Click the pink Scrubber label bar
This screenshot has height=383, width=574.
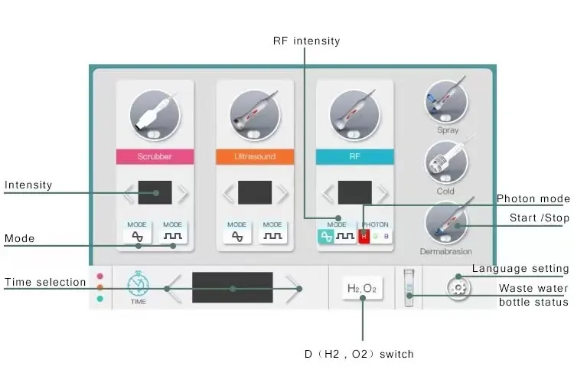coord(154,156)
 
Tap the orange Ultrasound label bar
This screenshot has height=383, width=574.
coord(255,156)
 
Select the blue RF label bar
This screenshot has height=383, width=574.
coord(354,156)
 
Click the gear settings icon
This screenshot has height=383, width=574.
coord(459,288)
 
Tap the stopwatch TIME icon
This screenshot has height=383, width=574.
coord(138,286)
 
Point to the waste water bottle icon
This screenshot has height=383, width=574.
coord(409,288)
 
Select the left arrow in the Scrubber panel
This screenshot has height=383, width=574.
coord(129,193)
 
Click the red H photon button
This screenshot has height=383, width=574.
coord(364,237)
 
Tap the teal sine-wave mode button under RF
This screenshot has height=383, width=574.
coord(325,237)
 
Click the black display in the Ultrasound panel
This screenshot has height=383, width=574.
coord(255,193)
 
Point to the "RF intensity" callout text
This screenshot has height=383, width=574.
coord(306,41)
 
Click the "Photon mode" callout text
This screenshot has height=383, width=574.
coord(533,199)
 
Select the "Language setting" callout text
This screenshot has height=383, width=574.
coord(520,268)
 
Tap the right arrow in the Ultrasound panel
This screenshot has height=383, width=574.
coord(283,193)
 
